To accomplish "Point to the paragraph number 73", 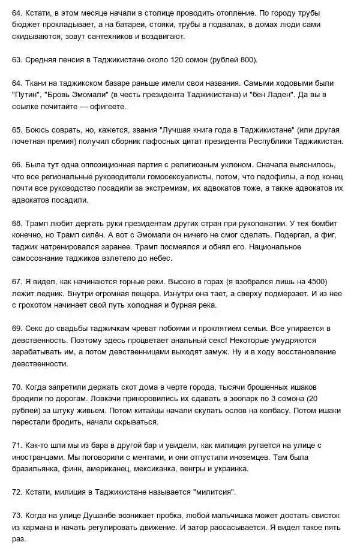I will [17, 515].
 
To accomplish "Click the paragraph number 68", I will [17, 222].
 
